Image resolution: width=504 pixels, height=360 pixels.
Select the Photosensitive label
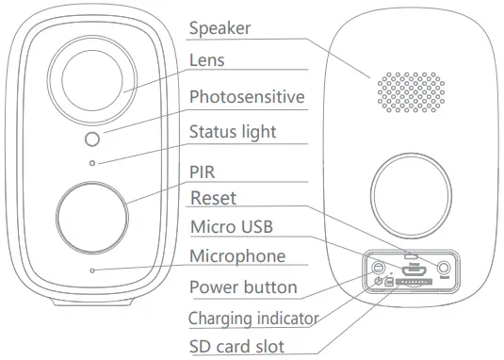(x=247, y=97)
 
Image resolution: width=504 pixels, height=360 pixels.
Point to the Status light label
(x=233, y=131)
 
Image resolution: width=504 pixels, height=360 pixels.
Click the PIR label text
(x=203, y=172)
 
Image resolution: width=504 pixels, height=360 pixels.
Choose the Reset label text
(x=213, y=198)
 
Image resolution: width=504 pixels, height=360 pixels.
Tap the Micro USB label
(x=233, y=226)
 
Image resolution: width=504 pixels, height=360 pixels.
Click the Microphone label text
(x=237, y=255)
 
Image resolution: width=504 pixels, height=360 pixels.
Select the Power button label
(x=243, y=286)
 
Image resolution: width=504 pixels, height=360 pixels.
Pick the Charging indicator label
(x=253, y=318)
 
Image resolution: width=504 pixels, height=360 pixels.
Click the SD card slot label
(x=236, y=347)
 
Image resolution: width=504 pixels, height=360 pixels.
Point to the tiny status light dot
(x=92, y=163)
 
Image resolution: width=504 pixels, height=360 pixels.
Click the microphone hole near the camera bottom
(x=92, y=271)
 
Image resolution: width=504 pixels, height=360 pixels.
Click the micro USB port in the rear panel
(x=411, y=268)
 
